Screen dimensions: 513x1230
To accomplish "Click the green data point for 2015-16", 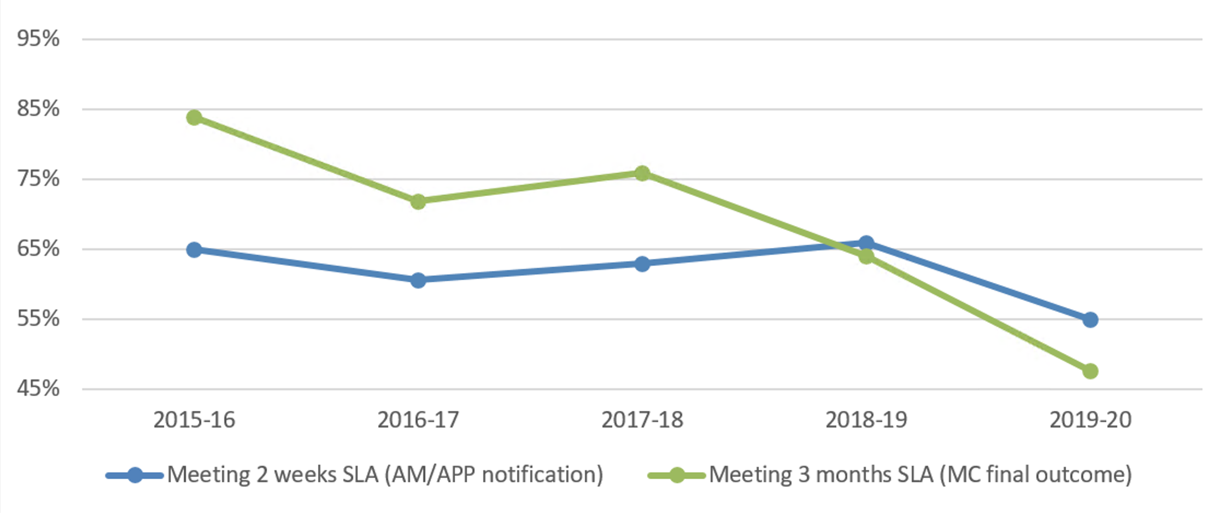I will tap(194, 118).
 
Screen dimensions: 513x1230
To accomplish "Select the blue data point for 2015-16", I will tap(194, 250).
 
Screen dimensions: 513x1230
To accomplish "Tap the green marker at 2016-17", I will tap(418, 202).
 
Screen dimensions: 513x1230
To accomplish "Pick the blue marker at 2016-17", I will tap(418, 281).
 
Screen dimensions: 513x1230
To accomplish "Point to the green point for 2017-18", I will tap(642, 173).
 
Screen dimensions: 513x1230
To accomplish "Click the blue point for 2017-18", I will tap(642, 264).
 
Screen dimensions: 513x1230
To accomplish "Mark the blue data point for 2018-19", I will tap(866, 243).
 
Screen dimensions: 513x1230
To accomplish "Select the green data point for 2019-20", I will tap(1090, 371).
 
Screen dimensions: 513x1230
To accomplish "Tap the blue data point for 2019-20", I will tap(1090, 320).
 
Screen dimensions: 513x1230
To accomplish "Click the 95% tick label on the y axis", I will tap(38, 39).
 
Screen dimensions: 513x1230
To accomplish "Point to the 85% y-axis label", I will tap(38, 109).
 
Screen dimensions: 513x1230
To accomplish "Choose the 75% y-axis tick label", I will tap(38, 179).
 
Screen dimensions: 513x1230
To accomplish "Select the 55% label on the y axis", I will tap(38, 319).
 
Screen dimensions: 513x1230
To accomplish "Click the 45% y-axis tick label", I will tap(38, 389).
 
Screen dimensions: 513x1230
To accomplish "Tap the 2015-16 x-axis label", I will tap(194, 420).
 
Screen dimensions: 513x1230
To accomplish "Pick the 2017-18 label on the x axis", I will tap(642, 420).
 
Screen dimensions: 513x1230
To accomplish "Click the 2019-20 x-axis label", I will tap(1090, 420).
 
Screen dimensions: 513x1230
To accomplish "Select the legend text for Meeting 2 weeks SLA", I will tap(385, 475).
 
